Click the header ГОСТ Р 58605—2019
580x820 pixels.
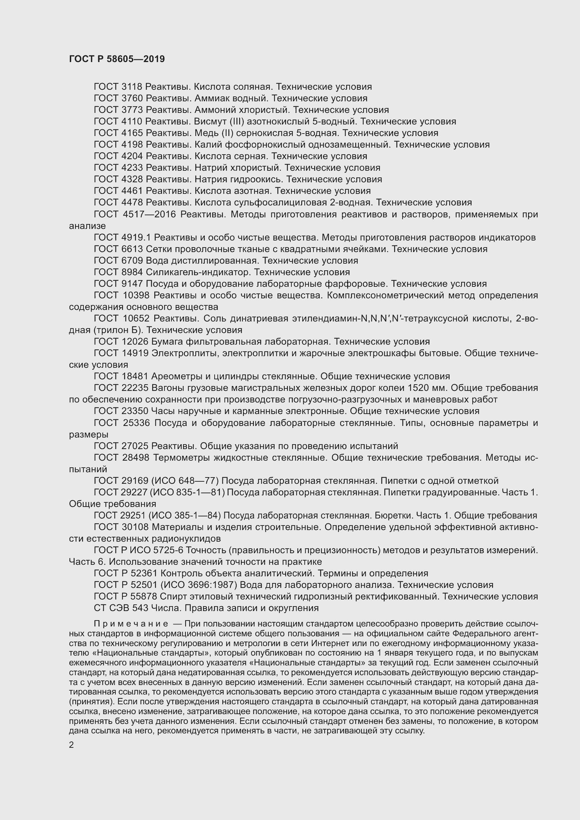click(117, 59)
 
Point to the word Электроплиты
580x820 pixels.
click(182, 353)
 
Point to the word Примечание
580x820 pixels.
click(131, 624)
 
